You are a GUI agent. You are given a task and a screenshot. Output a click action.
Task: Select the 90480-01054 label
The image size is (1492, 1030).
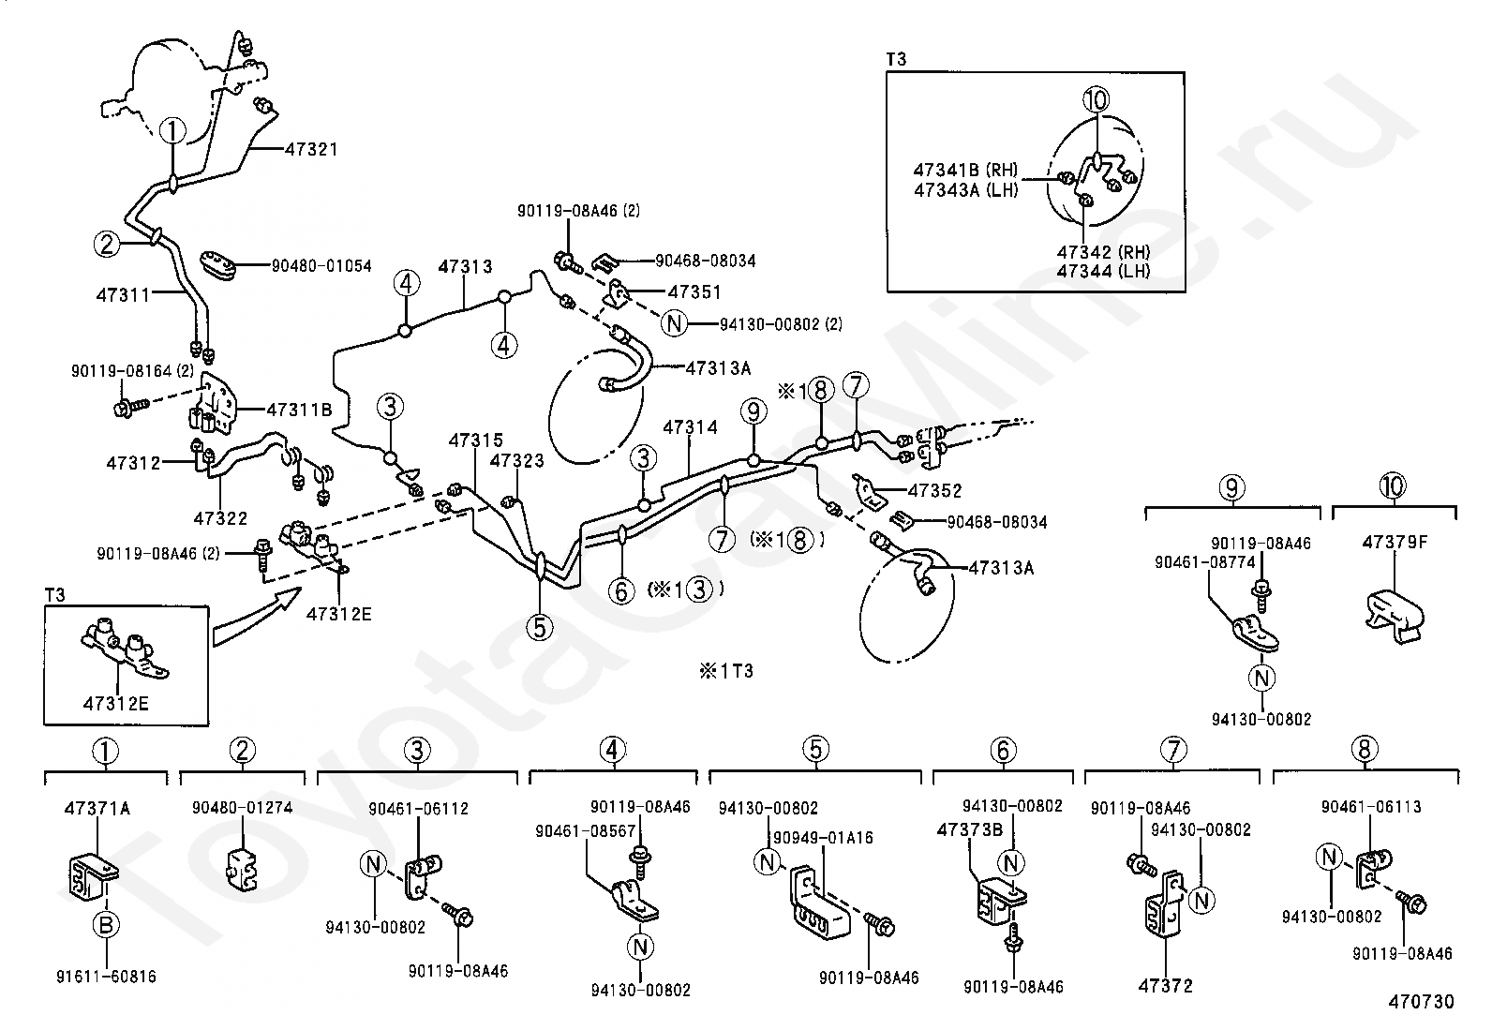click(x=321, y=266)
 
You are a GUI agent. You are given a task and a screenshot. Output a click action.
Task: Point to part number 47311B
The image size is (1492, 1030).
click(x=299, y=410)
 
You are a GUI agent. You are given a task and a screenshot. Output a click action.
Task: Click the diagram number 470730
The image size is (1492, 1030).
click(x=1421, y=1002)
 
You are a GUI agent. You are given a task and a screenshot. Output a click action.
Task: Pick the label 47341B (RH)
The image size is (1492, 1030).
click(x=964, y=170)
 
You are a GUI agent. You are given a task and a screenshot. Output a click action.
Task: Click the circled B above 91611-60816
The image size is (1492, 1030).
click(x=106, y=926)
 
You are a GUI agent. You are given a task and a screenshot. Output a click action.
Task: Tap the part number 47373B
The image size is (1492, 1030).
click(x=970, y=829)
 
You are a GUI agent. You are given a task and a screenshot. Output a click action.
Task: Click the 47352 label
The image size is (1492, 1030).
click(x=934, y=490)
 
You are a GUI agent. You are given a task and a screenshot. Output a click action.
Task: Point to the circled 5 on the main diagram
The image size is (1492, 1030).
click(x=540, y=627)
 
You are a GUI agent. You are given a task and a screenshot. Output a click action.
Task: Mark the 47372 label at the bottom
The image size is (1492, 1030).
click(x=1165, y=986)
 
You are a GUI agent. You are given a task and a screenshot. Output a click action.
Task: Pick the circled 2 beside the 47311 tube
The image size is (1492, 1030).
click(x=107, y=244)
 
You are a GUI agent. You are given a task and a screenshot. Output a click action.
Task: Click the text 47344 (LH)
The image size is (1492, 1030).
click(x=1103, y=271)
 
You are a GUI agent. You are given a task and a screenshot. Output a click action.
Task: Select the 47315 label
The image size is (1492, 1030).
click(x=475, y=440)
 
